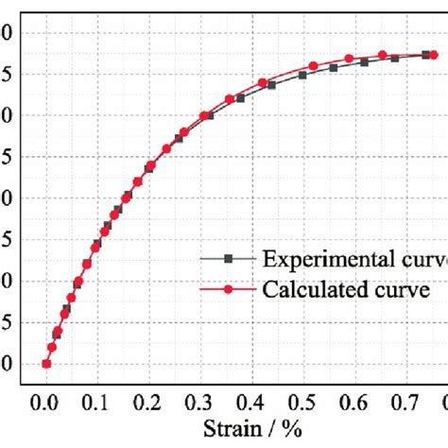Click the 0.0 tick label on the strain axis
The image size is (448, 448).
pos(44,400)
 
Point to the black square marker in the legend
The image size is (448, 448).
pos(227,258)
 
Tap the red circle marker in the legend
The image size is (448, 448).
pos(227,289)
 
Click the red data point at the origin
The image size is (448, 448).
pos(45,364)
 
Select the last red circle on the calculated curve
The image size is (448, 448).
pos(434,55)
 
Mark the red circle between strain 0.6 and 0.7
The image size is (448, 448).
pos(383,55)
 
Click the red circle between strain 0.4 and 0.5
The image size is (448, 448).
pos(263,82)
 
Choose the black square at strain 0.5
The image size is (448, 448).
pos(303,75)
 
